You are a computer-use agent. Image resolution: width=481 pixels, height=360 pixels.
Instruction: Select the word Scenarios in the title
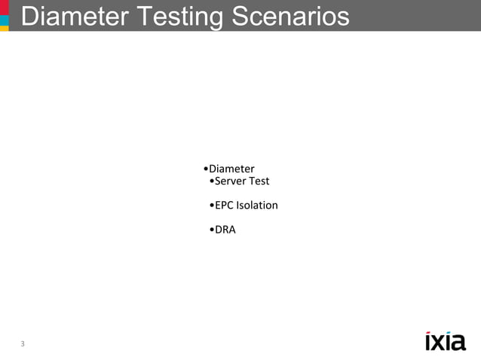(x=291, y=17)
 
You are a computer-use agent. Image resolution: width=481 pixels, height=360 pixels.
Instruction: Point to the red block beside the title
(x=4, y=6)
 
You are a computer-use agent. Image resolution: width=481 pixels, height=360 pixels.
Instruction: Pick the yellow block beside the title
(x=4, y=27)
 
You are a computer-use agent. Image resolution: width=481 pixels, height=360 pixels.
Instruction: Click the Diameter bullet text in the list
(x=231, y=169)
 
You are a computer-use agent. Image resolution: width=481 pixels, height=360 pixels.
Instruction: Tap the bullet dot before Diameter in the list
(x=206, y=169)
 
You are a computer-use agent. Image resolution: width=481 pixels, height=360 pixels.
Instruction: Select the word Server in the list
(x=231, y=181)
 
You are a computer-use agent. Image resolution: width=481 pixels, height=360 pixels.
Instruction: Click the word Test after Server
(x=259, y=181)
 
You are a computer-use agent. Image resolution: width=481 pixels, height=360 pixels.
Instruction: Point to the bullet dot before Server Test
(x=212, y=182)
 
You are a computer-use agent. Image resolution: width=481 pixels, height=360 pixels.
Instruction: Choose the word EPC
(x=224, y=205)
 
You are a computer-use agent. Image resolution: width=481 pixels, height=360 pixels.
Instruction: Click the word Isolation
(x=257, y=205)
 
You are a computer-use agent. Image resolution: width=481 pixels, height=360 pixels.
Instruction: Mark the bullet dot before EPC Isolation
(x=212, y=206)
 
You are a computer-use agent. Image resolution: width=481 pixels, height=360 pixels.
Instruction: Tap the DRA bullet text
(x=225, y=229)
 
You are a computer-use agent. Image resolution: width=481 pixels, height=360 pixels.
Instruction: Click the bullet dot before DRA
(x=212, y=230)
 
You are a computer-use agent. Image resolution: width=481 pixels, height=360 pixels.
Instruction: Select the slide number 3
(x=23, y=344)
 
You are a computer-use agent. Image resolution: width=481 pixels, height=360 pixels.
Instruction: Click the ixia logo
(x=445, y=341)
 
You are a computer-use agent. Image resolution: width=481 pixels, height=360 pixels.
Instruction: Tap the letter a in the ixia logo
(x=458, y=343)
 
